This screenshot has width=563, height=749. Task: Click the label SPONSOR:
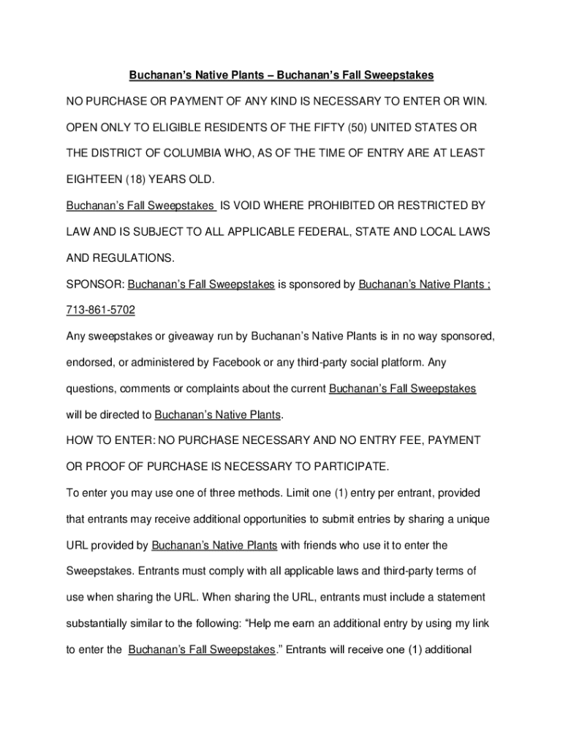pos(95,284)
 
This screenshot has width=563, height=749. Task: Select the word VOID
pos(263,206)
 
